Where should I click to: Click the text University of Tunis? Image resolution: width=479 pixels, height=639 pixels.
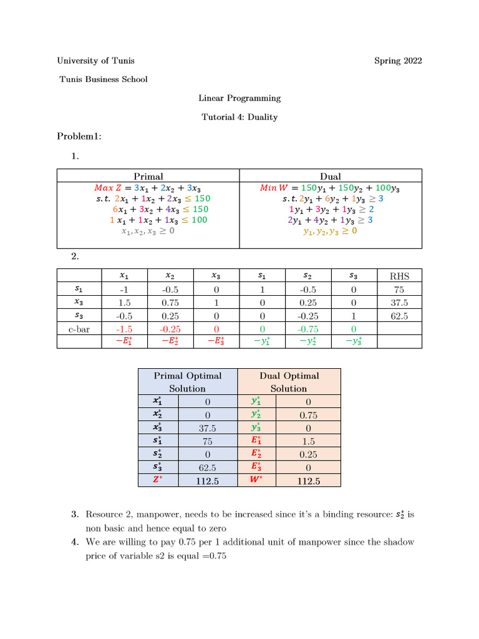(95, 61)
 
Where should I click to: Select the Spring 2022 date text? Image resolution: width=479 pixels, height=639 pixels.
(398, 61)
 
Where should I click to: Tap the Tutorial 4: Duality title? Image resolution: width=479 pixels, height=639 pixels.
(239, 117)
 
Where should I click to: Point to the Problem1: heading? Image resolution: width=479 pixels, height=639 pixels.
(79, 136)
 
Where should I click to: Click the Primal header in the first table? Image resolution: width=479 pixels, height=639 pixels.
(148, 177)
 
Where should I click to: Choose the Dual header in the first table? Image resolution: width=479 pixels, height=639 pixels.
(331, 177)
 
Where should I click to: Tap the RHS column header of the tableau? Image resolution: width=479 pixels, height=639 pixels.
(399, 276)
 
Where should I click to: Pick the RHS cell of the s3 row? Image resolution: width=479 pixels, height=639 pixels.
(399, 316)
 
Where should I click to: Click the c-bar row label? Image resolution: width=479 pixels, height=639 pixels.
(79, 329)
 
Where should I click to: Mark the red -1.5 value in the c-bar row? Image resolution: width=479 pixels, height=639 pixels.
(125, 329)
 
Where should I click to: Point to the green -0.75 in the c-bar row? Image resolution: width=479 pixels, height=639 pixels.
(308, 329)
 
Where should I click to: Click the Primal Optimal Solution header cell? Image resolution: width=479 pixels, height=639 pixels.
(188, 382)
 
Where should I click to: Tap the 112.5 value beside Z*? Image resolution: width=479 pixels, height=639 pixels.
(207, 480)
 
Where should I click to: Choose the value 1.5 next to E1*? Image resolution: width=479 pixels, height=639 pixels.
(309, 441)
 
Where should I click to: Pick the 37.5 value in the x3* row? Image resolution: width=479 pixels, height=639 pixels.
(207, 428)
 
